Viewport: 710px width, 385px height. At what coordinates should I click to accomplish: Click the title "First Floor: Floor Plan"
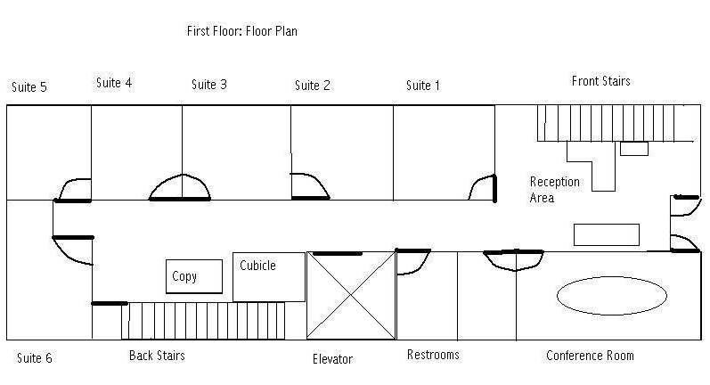point(241,31)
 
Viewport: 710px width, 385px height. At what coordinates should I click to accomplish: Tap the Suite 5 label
point(29,87)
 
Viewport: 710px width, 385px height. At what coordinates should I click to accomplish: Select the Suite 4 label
point(114,83)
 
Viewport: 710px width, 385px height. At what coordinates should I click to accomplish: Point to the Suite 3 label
point(208,85)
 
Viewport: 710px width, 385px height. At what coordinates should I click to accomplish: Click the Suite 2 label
point(313,86)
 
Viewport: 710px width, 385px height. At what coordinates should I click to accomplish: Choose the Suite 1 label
point(422,86)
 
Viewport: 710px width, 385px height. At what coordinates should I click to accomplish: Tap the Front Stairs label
point(601,81)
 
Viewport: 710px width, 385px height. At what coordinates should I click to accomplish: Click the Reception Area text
point(555,190)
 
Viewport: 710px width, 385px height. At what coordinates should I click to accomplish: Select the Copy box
point(194,276)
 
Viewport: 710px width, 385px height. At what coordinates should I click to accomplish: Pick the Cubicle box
point(269,277)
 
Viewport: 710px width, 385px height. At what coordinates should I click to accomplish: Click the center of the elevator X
point(351,295)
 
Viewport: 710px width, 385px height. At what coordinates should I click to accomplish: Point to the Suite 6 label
point(35,358)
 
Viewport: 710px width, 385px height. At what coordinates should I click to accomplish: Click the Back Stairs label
point(157,356)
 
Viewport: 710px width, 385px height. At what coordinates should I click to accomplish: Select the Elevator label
point(332,359)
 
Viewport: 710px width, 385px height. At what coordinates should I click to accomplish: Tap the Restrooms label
point(433,355)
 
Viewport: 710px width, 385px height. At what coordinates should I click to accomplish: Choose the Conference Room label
point(590,356)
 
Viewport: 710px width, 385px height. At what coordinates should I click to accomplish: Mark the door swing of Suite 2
point(320,180)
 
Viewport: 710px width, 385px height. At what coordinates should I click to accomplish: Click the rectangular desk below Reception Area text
point(607,234)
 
